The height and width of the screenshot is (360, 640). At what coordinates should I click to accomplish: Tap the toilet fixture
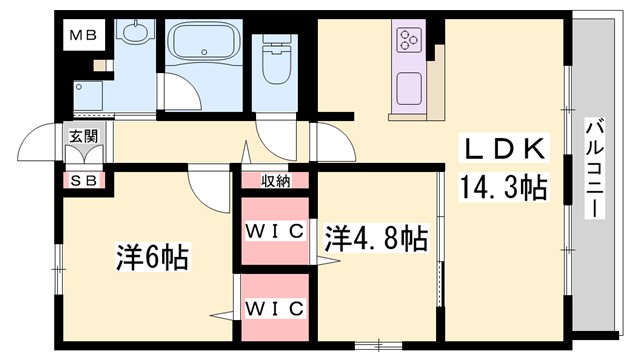point(274,62)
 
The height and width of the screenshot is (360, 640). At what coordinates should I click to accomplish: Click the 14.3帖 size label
point(503,186)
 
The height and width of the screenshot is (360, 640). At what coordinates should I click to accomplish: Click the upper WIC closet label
point(275,231)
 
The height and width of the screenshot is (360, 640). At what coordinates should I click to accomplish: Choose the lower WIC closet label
point(275,307)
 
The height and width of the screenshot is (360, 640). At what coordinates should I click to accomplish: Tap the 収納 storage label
point(276,181)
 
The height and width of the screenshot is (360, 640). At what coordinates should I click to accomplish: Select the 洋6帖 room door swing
point(210,186)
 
